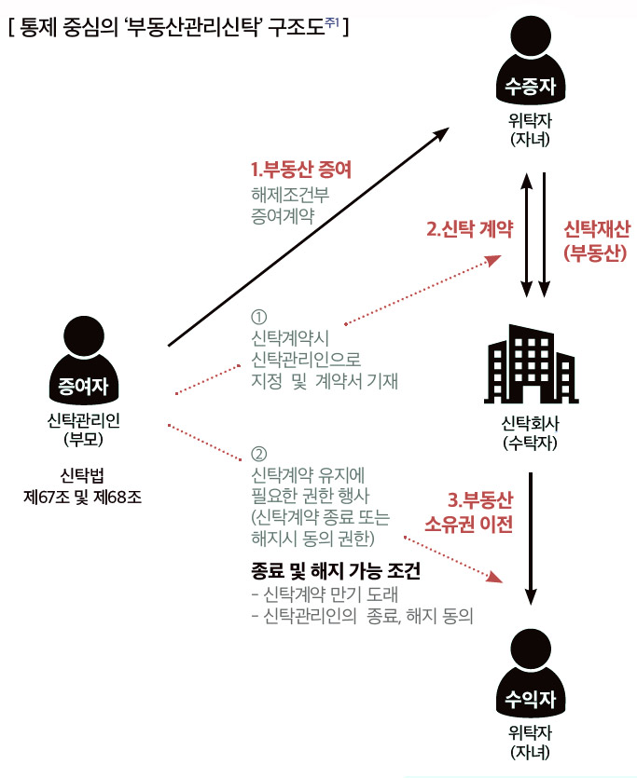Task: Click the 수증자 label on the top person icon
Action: coord(531,87)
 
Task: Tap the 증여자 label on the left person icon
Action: coord(83,386)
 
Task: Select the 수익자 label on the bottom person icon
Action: coord(531,699)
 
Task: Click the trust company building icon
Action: coord(532,363)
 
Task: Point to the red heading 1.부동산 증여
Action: coord(301,170)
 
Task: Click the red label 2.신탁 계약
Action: coord(470,229)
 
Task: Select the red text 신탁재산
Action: coord(597,229)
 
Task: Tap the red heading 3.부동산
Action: coord(480,499)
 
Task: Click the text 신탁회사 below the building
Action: coord(531,423)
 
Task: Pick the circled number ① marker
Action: coord(258,317)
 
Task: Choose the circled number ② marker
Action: coord(258,454)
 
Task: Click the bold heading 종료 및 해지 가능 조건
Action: coord(336,571)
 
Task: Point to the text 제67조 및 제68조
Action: coord(82,498)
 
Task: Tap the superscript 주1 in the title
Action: coord(332,21)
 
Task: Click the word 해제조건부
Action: coord(290,195)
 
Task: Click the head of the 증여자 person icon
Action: coord(84,337)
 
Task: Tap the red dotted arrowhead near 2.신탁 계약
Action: coord(493,261)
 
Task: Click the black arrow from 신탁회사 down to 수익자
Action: coord(531,539)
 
